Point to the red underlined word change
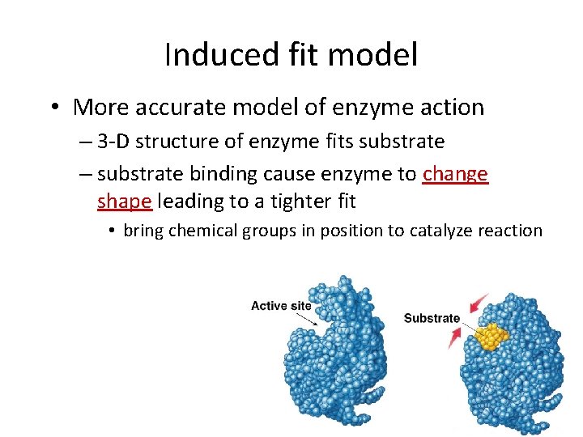tap(455, 174)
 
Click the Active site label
tap(281, 306)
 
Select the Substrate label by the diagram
tap(432, 318)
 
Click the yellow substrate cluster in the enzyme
tap(491, 336)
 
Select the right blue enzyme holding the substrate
tap(518, 364)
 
